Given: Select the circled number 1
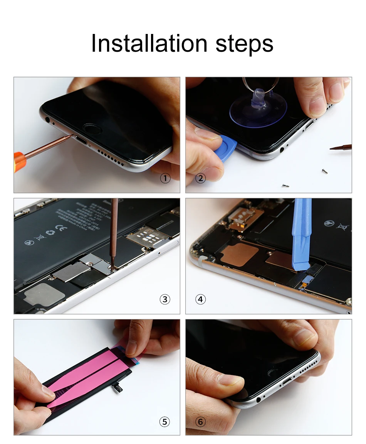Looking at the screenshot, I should click(x=165, y=178).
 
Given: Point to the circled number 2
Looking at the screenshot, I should click(x=200, y=178).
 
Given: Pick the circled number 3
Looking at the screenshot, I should click(x=165, y=299).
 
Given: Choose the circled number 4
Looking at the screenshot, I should click(x=200, y=299).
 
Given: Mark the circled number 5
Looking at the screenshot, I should click(x=165, y=422).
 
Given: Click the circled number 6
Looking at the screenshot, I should click(x=200, y=422).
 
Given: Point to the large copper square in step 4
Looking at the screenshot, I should click(x=240, y=255).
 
